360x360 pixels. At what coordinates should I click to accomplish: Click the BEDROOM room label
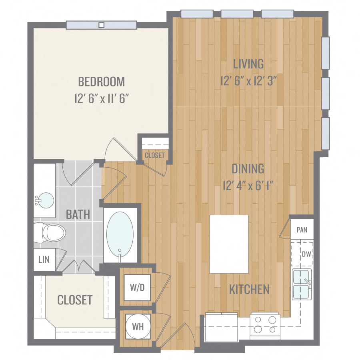(101, 82)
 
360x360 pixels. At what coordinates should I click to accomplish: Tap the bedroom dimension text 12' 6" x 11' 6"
(101, 99)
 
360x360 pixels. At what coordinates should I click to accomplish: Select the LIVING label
(248, 64)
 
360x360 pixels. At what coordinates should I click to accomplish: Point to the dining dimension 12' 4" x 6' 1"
(248, 186)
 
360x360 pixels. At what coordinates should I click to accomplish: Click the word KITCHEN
(249, 289)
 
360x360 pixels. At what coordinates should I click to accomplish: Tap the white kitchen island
(229, 244)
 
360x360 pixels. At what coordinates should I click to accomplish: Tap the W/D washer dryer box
(137, 287)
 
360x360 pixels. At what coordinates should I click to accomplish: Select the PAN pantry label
(302, 230)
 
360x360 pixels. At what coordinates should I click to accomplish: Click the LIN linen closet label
(44, 259)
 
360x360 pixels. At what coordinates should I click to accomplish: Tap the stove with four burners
(264, 324)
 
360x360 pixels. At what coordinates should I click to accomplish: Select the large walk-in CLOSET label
(75, 300)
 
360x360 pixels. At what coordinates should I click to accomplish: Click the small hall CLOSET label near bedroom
(154, 155)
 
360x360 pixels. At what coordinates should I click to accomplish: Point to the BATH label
(78, 214)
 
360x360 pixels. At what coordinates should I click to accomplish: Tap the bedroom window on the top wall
(102, 25)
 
